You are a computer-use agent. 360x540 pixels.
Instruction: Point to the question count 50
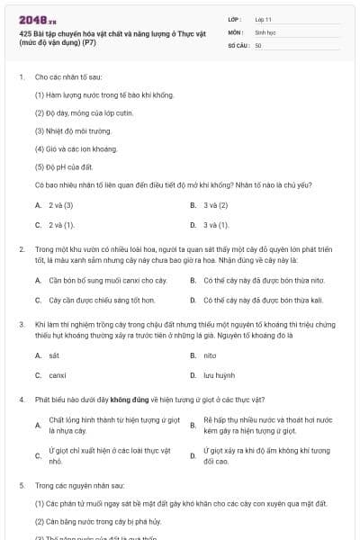click(258, 45)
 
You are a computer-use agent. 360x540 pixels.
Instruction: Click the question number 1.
click(21, 77)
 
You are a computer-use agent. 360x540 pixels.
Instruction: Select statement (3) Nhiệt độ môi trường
click(73, 131)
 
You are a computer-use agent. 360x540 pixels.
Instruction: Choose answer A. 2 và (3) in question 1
click(54, 205)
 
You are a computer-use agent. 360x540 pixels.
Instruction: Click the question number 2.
click(21, 247)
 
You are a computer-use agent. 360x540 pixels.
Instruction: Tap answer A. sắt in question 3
click(53, 355)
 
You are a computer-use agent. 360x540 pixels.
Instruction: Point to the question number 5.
click(21, 485)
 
